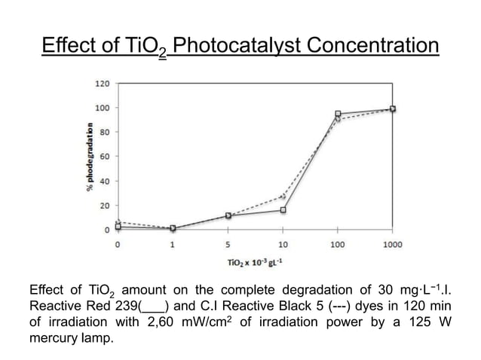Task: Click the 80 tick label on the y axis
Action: (104, 132)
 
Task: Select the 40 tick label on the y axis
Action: (104, 181)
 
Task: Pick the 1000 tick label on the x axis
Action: (392, 245)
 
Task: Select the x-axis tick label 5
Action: (228, 245)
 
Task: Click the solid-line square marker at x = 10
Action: (283, 210)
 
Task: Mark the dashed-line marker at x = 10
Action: (283, 196)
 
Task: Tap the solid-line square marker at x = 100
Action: (338, 114)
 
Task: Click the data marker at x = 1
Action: (173, 228)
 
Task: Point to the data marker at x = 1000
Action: (392, 109)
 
